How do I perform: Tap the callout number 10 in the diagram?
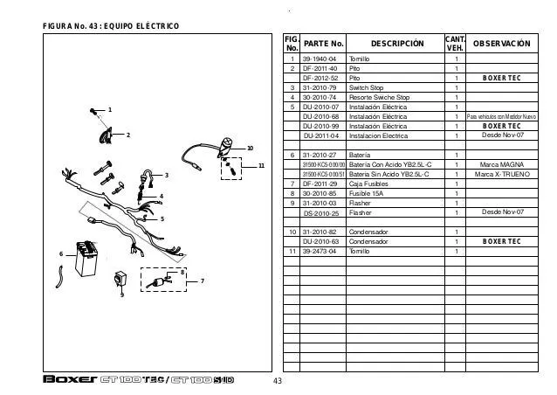(x=249, y=148)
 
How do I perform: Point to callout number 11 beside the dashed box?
(x=260, y=165)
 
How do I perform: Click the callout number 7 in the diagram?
(x=202, y=281)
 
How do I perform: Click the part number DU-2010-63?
(x=321, y=241)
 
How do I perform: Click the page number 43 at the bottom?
(x=278, y=383)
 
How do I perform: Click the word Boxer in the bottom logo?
(x=67, y=381)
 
